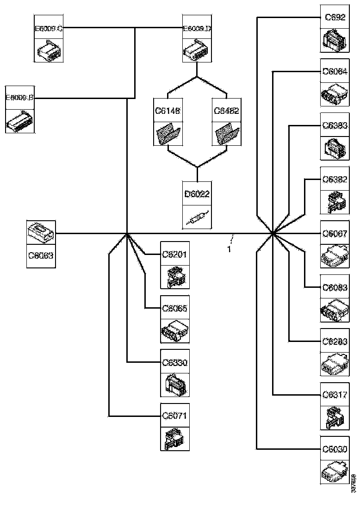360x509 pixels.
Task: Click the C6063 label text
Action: pos(41,255)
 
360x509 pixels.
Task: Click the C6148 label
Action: pos(168,111)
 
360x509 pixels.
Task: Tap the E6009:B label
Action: pos(19,98)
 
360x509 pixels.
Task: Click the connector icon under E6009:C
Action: pos(49,50)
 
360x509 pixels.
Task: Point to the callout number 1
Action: pos(229,249)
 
